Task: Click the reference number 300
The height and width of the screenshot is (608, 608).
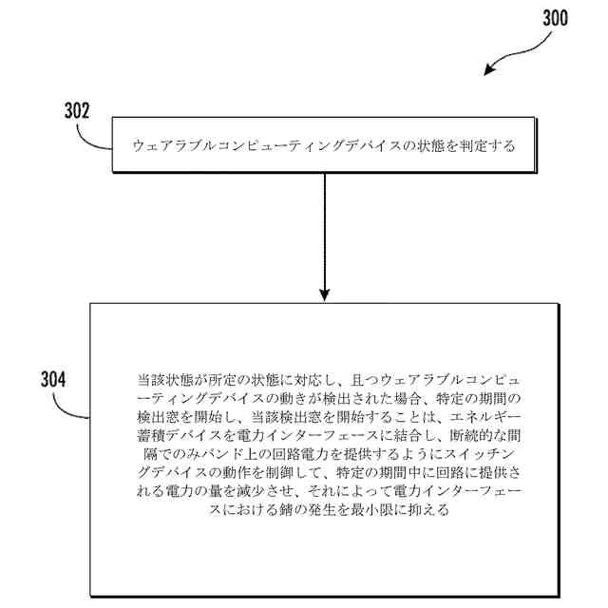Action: [x=555, y=17]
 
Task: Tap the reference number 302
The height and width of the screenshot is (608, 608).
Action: [x=77, y=109]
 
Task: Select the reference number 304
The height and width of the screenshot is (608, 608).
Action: [x=53, y=379]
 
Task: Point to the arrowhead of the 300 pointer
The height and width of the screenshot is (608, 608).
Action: [x=492, y=70]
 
